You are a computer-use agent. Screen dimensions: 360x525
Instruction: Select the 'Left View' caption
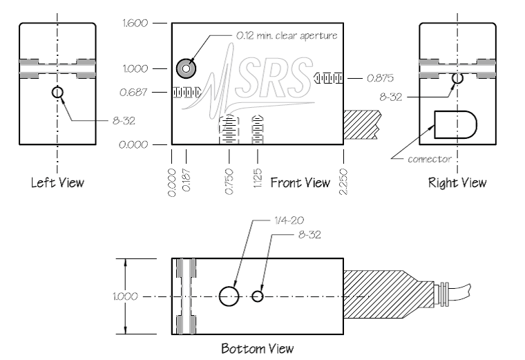57,183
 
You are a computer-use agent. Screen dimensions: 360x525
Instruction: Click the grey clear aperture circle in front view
186,68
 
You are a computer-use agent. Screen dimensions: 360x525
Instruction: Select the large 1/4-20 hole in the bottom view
229,296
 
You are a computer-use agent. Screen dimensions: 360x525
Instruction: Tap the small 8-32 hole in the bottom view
258,296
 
